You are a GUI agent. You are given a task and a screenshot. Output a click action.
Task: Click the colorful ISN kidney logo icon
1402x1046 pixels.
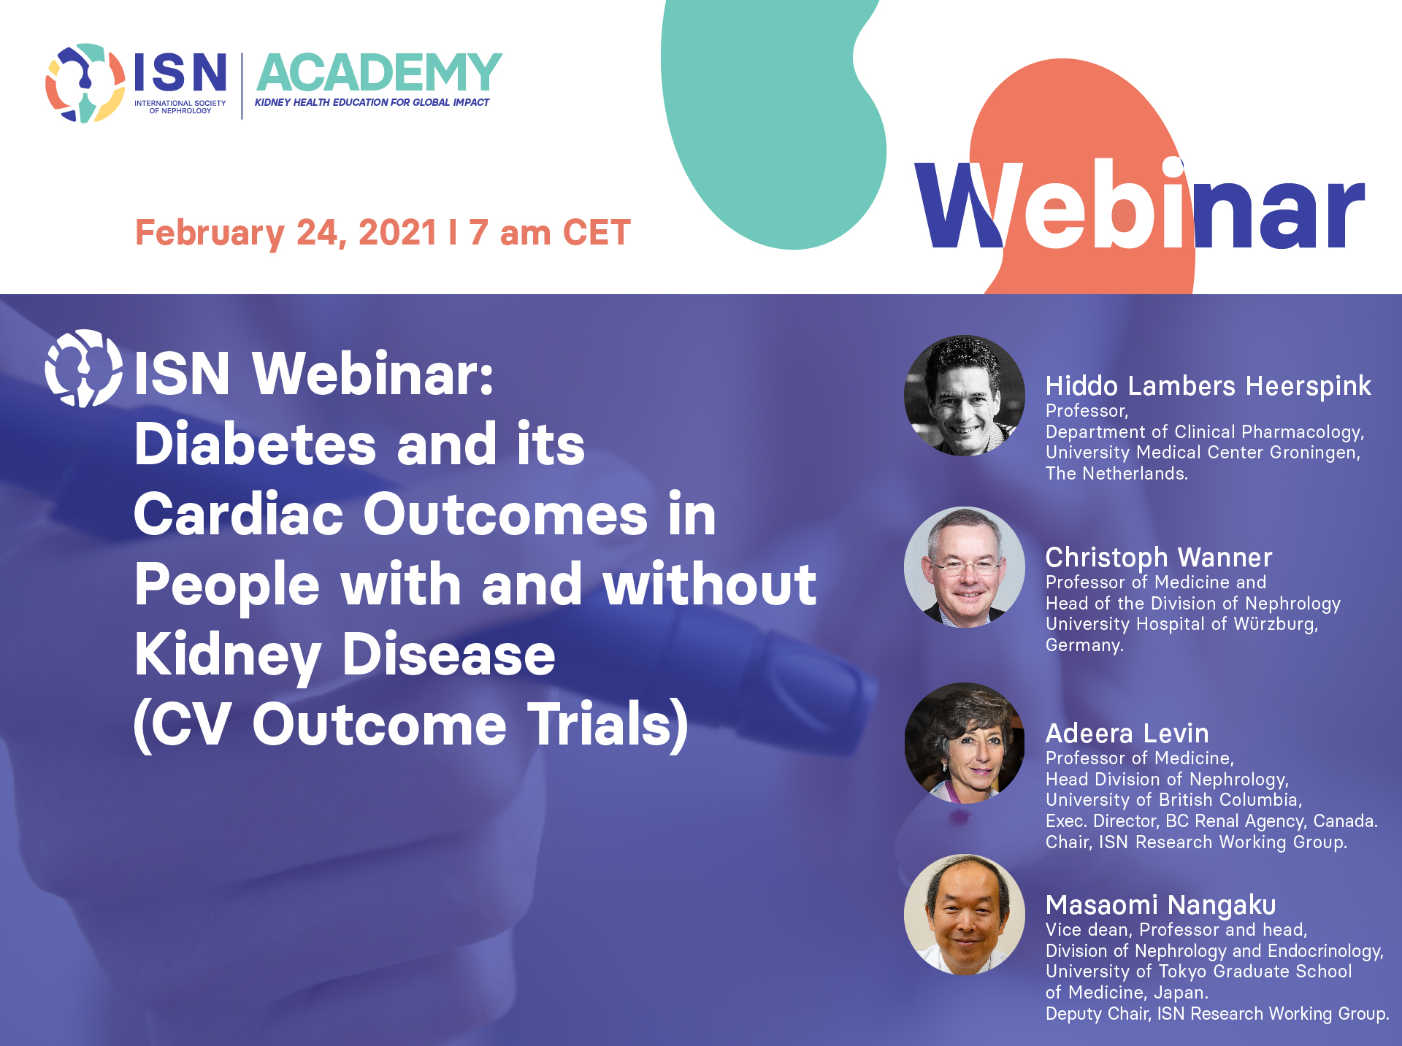85,82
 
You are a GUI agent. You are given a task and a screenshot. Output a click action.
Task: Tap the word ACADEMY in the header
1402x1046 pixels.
379,72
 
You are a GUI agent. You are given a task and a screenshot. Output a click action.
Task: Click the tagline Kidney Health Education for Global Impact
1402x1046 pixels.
372,102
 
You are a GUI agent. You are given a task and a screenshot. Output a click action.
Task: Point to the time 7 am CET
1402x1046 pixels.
550,233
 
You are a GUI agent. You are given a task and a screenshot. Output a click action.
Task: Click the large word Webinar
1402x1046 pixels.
1140,204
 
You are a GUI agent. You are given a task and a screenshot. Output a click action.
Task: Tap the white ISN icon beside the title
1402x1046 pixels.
84,368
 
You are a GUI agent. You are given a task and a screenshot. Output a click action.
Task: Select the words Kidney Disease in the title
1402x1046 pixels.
345,655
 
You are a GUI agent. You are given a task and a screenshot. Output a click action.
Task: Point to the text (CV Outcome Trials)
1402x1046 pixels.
410,724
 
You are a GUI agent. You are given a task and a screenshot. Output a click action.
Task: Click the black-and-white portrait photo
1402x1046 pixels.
965,396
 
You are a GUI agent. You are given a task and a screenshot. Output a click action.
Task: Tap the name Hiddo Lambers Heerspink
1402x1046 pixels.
1208,386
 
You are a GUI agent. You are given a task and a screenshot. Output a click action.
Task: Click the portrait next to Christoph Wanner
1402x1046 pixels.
965,567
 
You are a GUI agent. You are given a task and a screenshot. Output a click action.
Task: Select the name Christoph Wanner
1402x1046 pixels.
1159,558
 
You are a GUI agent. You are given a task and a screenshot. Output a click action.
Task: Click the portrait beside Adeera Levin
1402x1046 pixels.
965,743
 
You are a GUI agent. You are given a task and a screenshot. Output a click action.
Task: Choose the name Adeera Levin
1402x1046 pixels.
1127,734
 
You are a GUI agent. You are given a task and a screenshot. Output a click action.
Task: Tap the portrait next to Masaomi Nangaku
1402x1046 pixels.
965,915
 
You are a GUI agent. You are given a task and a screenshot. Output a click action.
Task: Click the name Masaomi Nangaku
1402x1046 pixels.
1161,905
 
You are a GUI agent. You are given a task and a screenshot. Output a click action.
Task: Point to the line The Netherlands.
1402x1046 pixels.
1116,474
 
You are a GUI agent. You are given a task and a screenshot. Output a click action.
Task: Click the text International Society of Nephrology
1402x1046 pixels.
180,107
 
